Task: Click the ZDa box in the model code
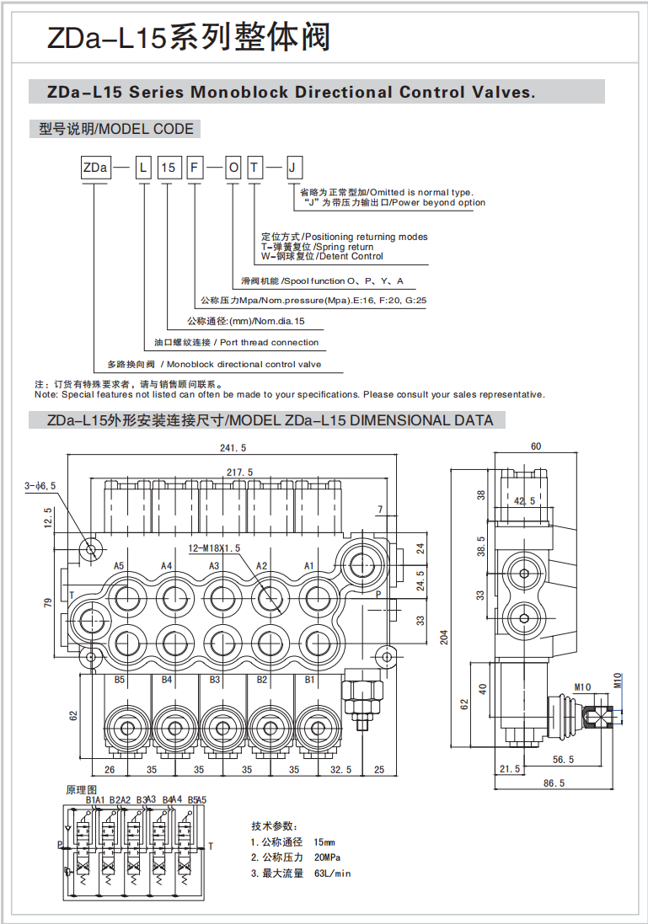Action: click(95, 168)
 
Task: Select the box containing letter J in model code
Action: click(293, 168)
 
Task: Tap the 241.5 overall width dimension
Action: click(233, 448)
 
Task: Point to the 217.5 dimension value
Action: click(239, 472)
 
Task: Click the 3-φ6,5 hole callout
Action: click(40, 485)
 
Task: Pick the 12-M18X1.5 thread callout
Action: click(214, 548)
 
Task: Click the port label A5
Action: click(119, 566)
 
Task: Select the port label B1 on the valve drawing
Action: click(309, 680)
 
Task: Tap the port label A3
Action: click(214, 566)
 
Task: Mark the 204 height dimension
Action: click(444, 637)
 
